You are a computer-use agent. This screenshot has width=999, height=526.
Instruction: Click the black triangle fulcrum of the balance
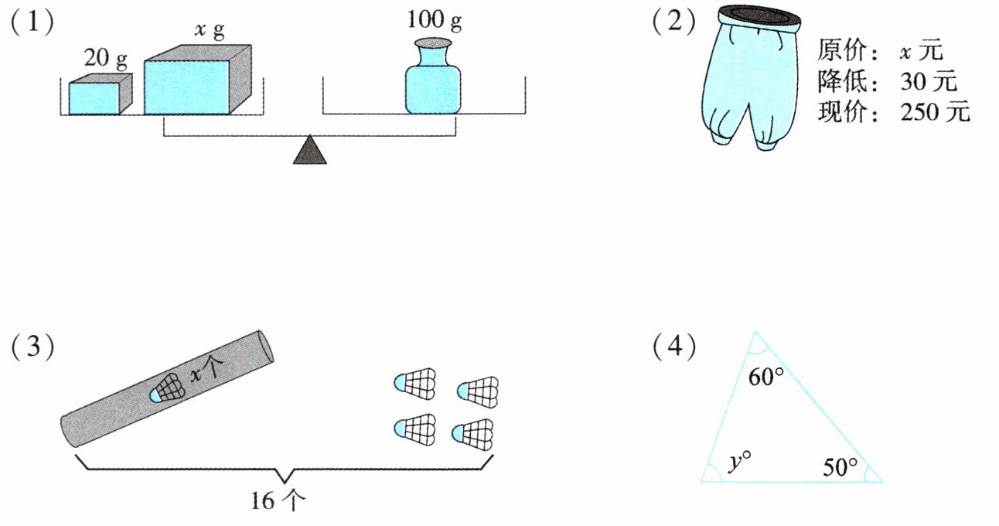(309, 150)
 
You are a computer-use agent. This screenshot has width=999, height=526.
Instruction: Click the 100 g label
(434, 21)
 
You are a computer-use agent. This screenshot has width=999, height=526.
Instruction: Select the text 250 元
(934, 112)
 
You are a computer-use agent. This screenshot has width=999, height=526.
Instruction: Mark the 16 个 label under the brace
(279, 500)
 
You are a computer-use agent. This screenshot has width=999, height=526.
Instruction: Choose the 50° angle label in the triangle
(840, 466)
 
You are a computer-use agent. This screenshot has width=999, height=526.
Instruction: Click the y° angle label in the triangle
(740, 461)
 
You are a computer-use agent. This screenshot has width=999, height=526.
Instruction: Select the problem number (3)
(32, 347)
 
